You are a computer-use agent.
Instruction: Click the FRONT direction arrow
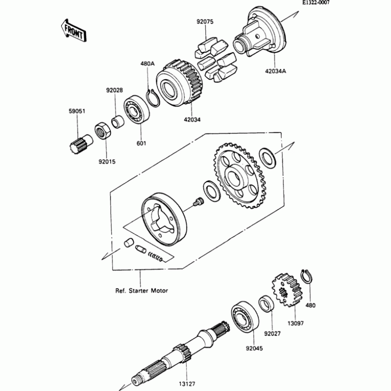point(74,30)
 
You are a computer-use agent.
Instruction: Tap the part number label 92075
point(205,22)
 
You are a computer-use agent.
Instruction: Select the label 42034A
point(276,71)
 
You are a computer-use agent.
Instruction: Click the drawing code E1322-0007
point(316,2)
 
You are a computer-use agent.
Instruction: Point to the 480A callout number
point(148,64)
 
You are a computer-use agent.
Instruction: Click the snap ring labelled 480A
point(153,98)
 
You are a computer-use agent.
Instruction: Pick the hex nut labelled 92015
point(103,131)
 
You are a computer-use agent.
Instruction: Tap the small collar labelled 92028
point(118,121)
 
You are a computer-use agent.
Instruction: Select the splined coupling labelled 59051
point(81,144)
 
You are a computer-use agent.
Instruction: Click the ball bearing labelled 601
point(137,109)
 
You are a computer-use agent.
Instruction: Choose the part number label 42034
point(192,120)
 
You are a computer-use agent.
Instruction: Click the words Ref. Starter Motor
point(141,291)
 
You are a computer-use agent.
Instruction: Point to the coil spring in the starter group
point(155,257)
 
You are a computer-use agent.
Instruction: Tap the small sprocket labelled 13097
point(287,289)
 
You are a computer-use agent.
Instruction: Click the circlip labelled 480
point(307,276)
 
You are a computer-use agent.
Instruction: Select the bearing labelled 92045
point(245,317)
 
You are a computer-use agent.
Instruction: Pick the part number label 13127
point(187,384)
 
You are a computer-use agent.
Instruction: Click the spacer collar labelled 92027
point(266,304)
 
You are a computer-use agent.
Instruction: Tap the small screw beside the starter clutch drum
point(198,201)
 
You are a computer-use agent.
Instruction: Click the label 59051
point(77,111)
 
